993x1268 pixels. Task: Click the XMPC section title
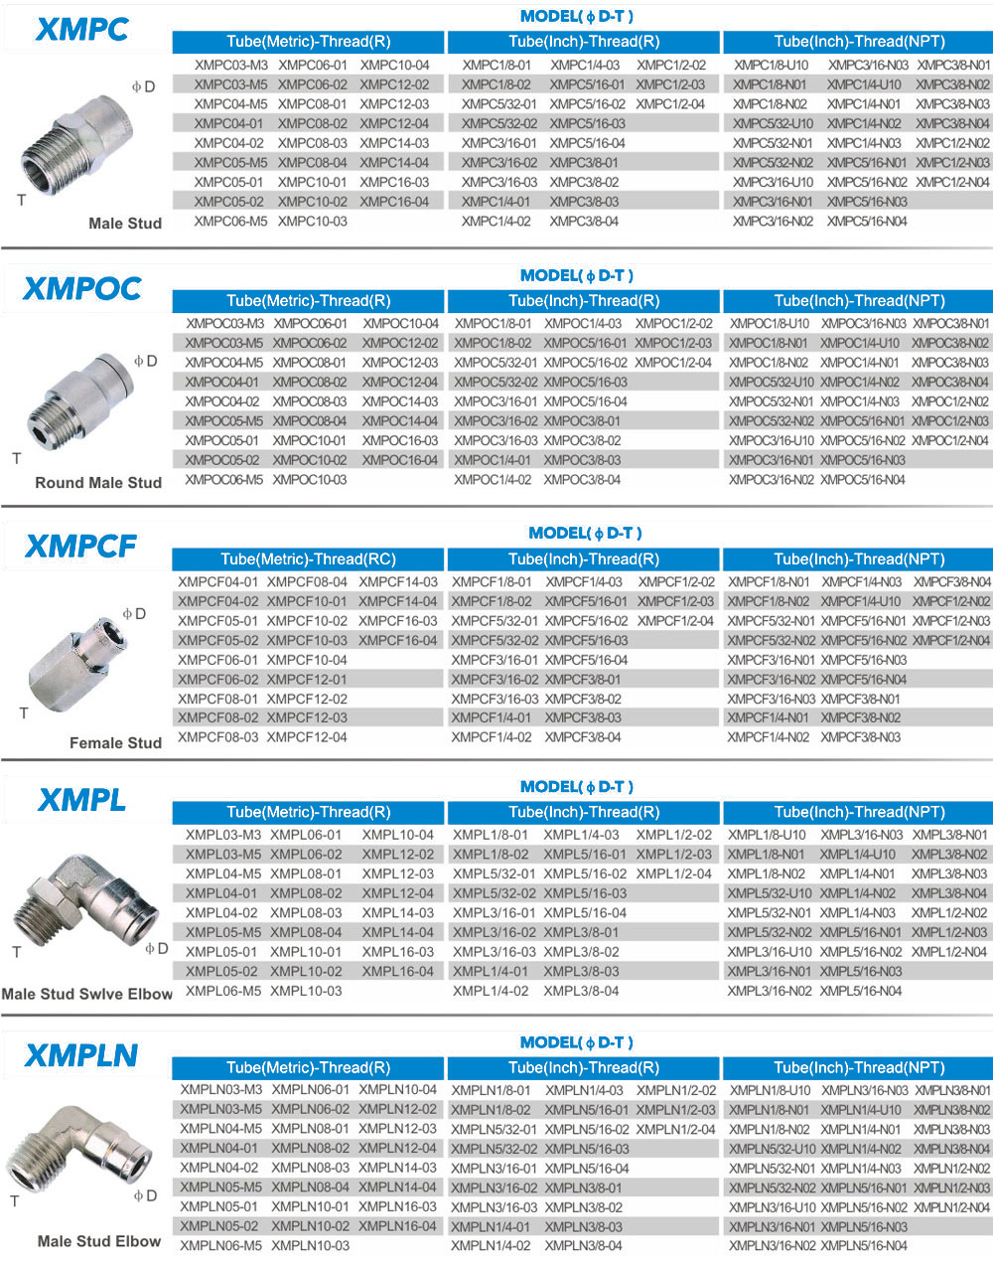[x=81, y=30]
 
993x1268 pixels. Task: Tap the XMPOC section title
[x=81, y=289]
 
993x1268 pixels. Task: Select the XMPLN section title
[x=81, y=1055]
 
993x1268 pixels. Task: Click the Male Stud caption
[x=125, y=224]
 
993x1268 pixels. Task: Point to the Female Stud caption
[x=115, y=742]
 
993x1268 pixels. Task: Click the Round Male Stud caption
[x=98, y=483]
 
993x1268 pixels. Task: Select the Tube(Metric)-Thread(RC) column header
[x=309, y=559]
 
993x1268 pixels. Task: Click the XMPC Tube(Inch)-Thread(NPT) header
[x=859, y=42]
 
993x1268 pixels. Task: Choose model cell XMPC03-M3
[x=231, y=66]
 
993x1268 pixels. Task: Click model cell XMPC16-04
[x=394, y=202]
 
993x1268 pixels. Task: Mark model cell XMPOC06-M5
[x=224, y=480]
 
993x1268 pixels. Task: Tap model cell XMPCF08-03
[x=217, y=737]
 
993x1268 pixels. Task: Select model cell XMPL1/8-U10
[x=767, y=836]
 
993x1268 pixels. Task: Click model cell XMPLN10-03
[x=311, y=1246]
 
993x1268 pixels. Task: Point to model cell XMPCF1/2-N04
[x=951, y=641]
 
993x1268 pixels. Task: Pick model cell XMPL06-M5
[x=223, y=991]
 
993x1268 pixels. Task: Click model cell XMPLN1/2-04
[x=676, y=1129]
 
